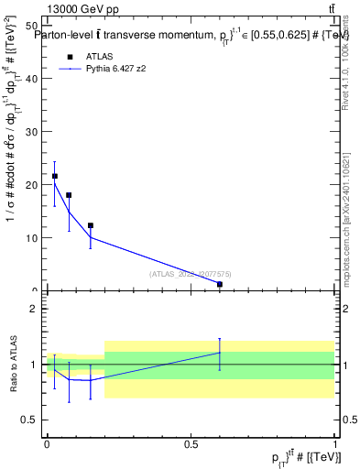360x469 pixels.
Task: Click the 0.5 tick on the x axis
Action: coord(191,444)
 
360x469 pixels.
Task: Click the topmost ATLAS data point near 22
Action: coord(55,176)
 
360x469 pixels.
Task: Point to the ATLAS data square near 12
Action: coord(91,225)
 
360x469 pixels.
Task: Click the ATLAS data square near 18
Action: coord(69,195)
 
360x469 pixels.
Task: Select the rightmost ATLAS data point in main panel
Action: coord(220,284)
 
